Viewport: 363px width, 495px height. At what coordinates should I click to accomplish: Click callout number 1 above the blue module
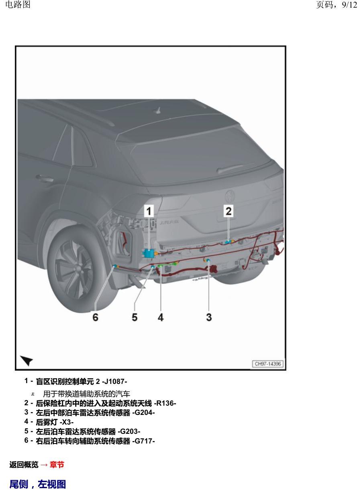pos(149,211)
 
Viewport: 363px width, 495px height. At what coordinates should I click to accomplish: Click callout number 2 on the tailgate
pos(228,210)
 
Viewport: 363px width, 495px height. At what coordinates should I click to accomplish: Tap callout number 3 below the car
pos(209,318)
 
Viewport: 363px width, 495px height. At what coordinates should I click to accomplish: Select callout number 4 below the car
pos(161,318)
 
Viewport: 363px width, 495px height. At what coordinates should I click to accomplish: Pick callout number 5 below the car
pos(135,318)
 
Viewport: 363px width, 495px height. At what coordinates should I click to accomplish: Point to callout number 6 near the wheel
pos(95,318)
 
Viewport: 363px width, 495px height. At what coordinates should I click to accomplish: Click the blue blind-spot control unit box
pos(149,253)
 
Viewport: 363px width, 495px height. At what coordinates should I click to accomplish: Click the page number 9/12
pos(349,5)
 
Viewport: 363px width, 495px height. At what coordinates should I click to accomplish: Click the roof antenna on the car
pos(159,111)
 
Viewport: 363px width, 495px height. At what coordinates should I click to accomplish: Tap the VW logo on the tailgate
pos(230,196)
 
